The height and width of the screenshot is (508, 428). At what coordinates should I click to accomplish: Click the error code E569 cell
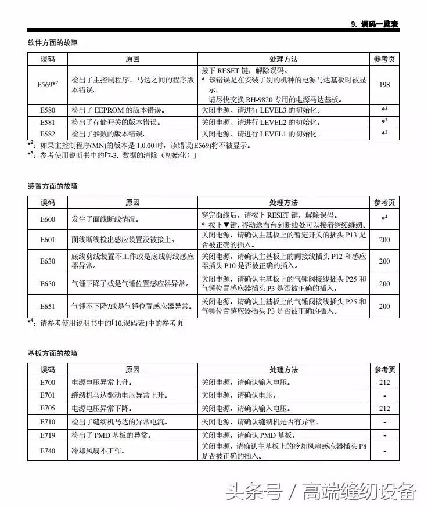[48, 84]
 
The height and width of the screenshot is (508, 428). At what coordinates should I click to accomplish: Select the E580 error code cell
[48, 110]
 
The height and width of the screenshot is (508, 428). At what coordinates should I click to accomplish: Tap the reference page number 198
[384, 85]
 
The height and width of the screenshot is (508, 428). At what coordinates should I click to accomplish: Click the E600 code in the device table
[48, 219]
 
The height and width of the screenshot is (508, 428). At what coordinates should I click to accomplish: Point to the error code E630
[48, 261]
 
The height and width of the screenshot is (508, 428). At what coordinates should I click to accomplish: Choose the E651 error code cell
[48, 306]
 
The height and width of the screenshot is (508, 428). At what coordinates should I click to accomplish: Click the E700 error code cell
[48, 383]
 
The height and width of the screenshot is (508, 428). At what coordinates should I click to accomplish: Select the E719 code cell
[48, 435]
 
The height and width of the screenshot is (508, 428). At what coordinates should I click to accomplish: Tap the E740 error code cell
[48, 451]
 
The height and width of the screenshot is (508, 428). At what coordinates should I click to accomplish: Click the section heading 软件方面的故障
[52, 43]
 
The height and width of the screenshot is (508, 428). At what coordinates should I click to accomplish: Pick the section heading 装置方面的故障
[52, 186]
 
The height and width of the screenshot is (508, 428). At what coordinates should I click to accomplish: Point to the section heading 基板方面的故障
[52, 353]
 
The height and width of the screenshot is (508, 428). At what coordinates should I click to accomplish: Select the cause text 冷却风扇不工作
[98, 451]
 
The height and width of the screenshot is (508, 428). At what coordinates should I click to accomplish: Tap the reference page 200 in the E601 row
[384, 239]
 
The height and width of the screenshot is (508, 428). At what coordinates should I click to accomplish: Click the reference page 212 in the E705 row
[384, 409]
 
